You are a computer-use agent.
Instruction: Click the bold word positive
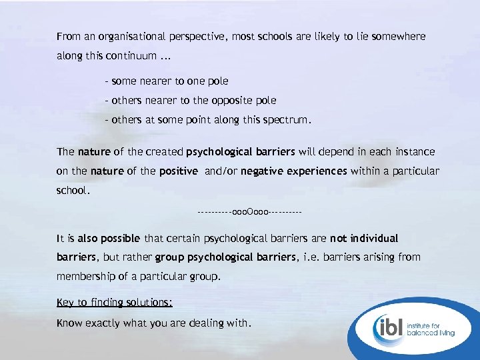pos(179,171)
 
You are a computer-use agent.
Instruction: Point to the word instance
pos(415,151)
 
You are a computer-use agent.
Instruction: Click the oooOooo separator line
pos(250,212)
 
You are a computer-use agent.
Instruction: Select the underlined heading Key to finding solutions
pos(114,302)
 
